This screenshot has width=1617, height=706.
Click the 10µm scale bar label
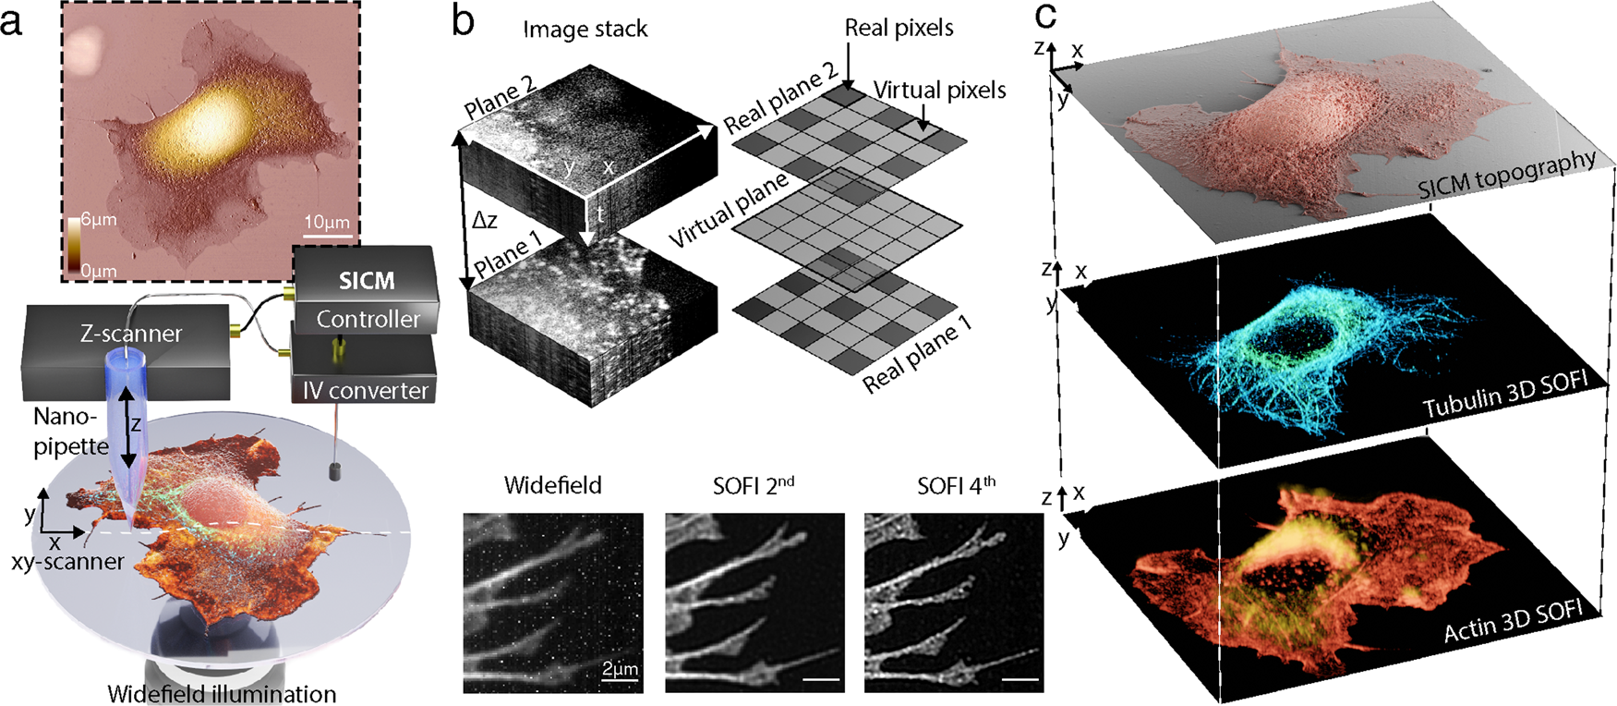[327, 222]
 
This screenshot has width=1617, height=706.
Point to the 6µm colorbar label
[99, 220]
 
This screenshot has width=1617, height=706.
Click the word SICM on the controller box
[367, 281]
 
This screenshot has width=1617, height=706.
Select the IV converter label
[366, 391]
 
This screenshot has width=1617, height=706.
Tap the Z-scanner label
[131, 334]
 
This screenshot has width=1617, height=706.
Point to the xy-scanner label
[67, 561]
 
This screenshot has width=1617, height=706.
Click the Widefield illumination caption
[222, 694]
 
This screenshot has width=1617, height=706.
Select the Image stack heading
[585, 30]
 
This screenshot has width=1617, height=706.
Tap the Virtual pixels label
[939, 90]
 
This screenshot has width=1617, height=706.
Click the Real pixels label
[899, 29]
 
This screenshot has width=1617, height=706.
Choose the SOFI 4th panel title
[956, 485]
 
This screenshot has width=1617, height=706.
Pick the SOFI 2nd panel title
[754, 485]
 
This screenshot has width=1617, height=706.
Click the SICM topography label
[1506, 175]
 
